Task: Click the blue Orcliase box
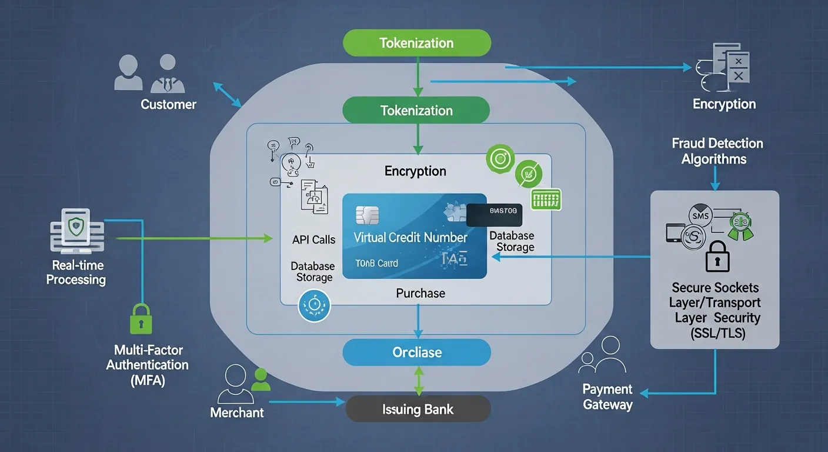tap(417, 353)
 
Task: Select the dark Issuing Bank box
tap(418, 409)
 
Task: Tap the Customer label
tap(168, 105)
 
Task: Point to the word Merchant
tap(237, 413)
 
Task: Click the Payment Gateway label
tap(607, 397)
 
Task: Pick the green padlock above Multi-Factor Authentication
tap(140, 319)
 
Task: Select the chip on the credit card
tap(368, 215)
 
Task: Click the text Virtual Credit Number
tap(410, 238)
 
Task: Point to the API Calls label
tap(313, 240)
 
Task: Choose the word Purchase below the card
tap(420, 293)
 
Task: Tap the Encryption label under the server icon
tap(724, 104)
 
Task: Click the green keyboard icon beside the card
tap(546, 200)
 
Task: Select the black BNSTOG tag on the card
tap(495, 215)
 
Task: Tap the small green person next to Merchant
tap(261, 380)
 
